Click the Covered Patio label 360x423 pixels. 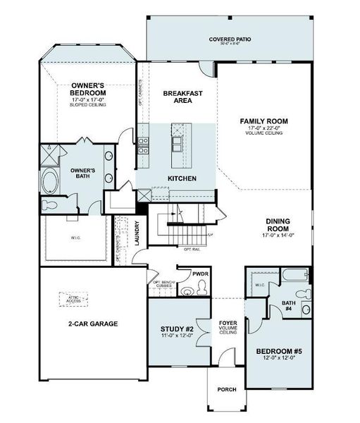point(230,39)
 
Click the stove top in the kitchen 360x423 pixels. point(143,145)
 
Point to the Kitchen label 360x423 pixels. point(182,178)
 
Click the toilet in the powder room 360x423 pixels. point(201,286)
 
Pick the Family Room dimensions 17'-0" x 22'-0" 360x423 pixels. point(263,128)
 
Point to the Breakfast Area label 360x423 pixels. point(178,97)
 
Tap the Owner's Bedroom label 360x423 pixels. point(88,89)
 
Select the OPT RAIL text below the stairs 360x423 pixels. point(192,249)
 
